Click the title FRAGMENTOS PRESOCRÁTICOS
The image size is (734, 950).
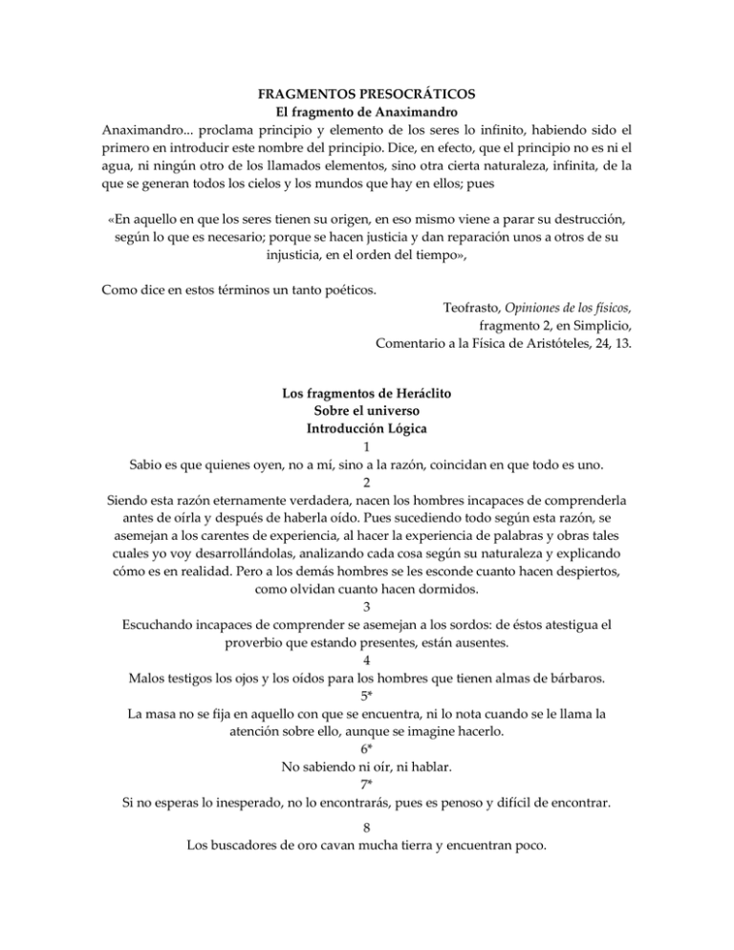coord(367,97)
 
